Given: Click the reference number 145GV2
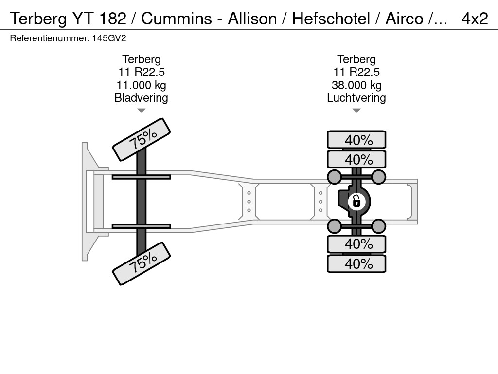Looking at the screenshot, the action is click(x=109, y=38).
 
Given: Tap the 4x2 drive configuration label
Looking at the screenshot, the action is click(x=475, y=19).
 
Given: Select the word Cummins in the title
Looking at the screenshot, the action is click(x=177, y=19).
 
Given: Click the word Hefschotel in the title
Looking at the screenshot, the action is click(x=331, y=19).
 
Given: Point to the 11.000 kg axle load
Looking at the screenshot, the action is click(x=142, y=85).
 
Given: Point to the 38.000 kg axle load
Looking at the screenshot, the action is click(x=356, y=85).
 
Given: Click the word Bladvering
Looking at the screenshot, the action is click(x=142, y=97).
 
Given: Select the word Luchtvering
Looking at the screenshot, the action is click(x=356, y=97).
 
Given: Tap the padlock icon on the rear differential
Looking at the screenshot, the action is click(x=356, y=202).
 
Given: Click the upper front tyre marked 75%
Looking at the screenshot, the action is click(x=142, y=140).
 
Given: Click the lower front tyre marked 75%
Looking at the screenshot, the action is click(x=142, y=263).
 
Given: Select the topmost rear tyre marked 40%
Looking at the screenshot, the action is click(x=356, y=140).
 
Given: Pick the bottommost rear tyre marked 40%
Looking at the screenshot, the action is click(x=356, y=263).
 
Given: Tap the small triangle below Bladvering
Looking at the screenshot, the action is click(x=142, y=111).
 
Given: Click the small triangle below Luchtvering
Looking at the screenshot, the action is click(x=356, y=111).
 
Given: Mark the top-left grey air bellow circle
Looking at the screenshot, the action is click(x=335, y=177).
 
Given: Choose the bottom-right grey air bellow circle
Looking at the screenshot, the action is click(x=378, y=226).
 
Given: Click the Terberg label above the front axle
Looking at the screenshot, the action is click(x=142, y=59).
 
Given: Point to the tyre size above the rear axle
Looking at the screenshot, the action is click(x=356, y=72).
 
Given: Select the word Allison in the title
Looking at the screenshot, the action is click(x=252, y=19).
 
